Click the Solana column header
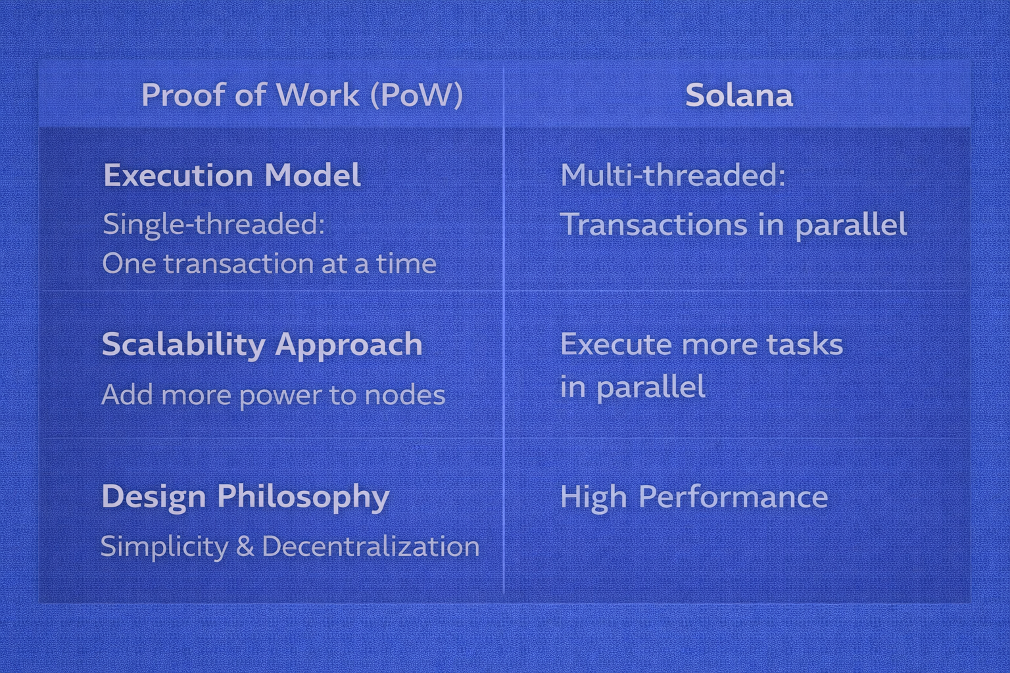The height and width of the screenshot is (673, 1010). pyautogui.click(x=738, y=95)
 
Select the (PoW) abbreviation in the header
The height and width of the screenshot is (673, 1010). pyautogui.click(x=417, y=95)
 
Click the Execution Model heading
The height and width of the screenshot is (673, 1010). pyautogui.click(x=232, y=175)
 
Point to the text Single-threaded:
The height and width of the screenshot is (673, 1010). pyautogui.click(x=214, y=223)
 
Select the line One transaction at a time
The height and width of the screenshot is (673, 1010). pyautogui.click(x=270, y=264)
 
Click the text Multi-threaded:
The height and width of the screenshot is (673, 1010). pyautogui.click(x=673, y=175)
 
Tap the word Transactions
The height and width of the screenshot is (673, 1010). pyautogui.click(x=654, y=225)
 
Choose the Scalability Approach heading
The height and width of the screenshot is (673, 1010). pyautogui.click(x=262, y=345)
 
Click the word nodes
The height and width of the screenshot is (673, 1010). pyautogui.click(x=405, y=395)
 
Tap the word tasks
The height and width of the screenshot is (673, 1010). pyautogui.click(x=806, y=344)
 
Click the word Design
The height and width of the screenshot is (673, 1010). pyautogui.click(x=155, y=498)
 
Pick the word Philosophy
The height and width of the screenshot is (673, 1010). pyautogui.click(x=303, y=498)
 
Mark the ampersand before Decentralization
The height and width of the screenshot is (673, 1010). pyautogui.click(x=245, y=546)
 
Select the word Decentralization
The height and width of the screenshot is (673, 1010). pyautogui.click(x=370, y=546)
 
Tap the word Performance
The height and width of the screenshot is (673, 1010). pyautogui.click(x=733, y=497)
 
